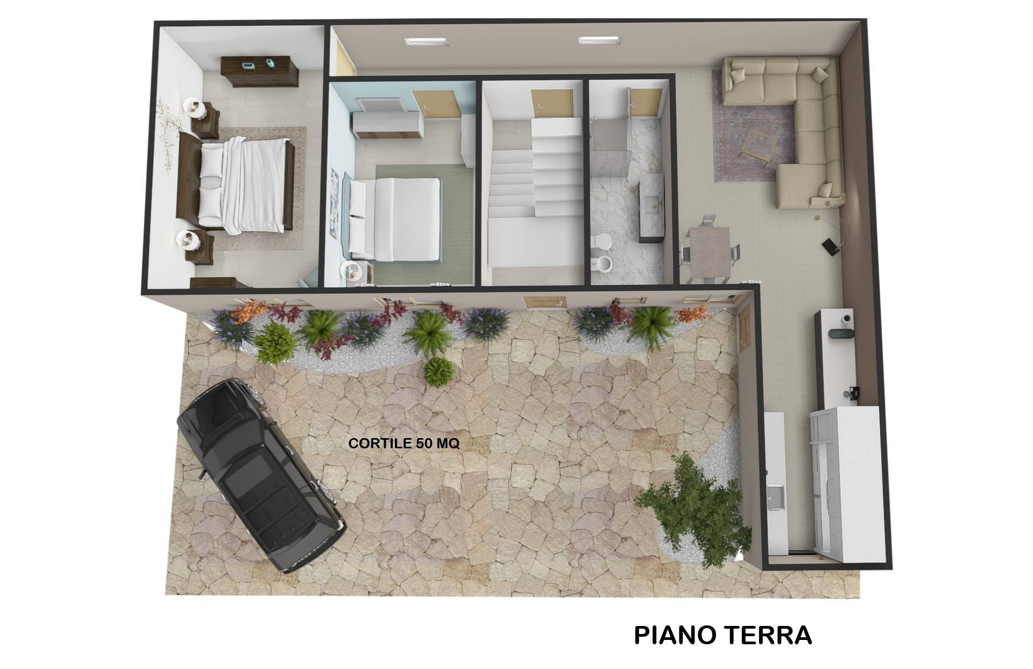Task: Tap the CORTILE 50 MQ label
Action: pyautogui.click(x=404, y=443)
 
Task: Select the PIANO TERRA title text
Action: pyautogui.click(x=723, y=635)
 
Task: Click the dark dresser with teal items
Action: pyautogui.click(x=260, y=71)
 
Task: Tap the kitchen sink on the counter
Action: pyautogui.click(x=775, y=496)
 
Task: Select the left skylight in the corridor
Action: pyautogui.click(x=426, y=41)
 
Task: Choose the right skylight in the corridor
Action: pyautogui.click(x=599, y=41)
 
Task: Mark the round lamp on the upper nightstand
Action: pyautogui.click(x=194, y=108)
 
